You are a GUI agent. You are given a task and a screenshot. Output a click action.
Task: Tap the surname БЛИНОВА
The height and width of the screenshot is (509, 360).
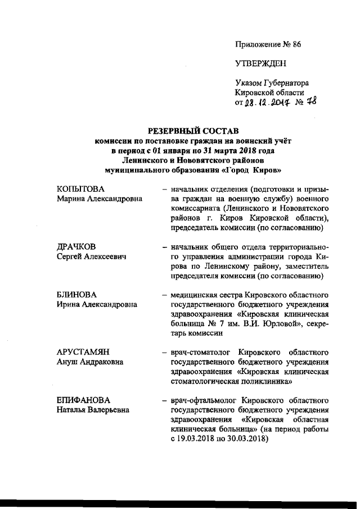coord(76,295)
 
